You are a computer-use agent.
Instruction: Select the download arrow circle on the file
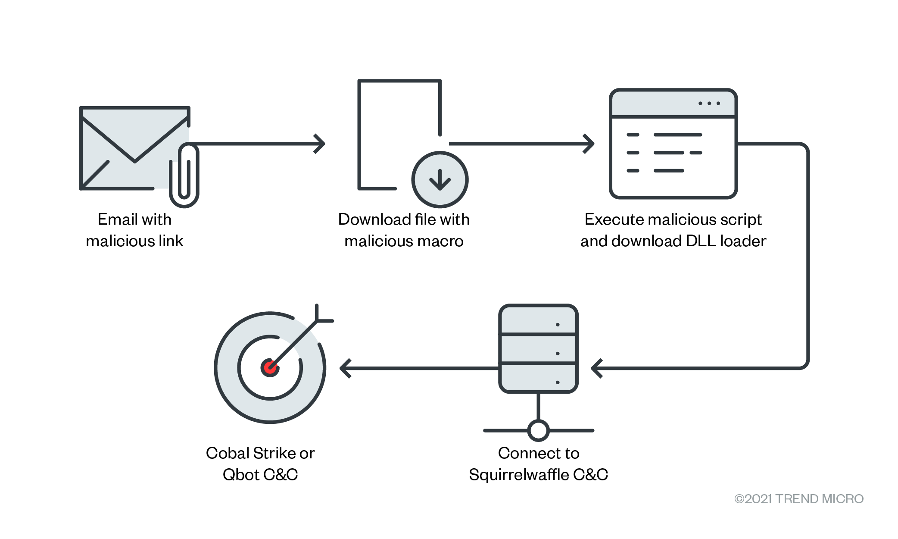[440, 179]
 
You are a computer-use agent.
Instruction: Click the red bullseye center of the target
[270, 368]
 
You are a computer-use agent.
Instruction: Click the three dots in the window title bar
[709, 103]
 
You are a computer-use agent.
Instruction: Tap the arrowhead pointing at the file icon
[320, 144]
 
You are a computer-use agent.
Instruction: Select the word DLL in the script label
[701, 241]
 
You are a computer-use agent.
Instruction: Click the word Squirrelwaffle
[519, 475]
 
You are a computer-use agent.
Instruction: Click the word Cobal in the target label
[228, 453]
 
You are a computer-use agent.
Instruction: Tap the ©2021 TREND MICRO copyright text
[798, 499]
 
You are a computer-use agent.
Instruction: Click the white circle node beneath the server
[538, 430]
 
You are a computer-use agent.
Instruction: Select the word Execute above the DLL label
[614, 219]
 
